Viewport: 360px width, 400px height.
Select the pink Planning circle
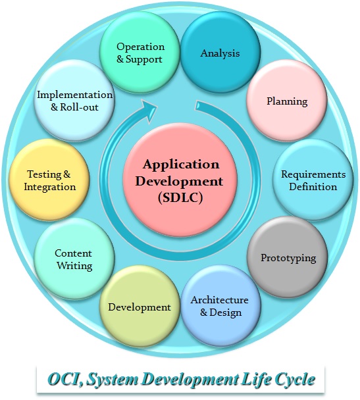[x=287, y=101]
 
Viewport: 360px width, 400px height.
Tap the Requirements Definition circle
[x=313, y=180]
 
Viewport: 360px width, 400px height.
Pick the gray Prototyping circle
[x=288, y=257]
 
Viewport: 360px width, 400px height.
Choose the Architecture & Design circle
[x=220, y=306]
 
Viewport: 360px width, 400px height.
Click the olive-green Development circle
[x=140, y=307]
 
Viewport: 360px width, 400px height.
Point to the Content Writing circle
[x=74, y=259]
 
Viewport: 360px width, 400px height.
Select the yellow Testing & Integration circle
[x=49, y=180]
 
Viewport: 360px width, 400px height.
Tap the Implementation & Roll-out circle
[x=74, y=101]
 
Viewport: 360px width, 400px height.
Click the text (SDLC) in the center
[x=180, y=198]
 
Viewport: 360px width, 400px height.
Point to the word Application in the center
[x=181, y=165]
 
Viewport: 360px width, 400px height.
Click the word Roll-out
[x=79, y=107]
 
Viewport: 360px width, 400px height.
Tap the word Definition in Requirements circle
[x=313, y=187]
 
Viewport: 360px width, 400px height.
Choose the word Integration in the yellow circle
[x=50, y=187]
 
